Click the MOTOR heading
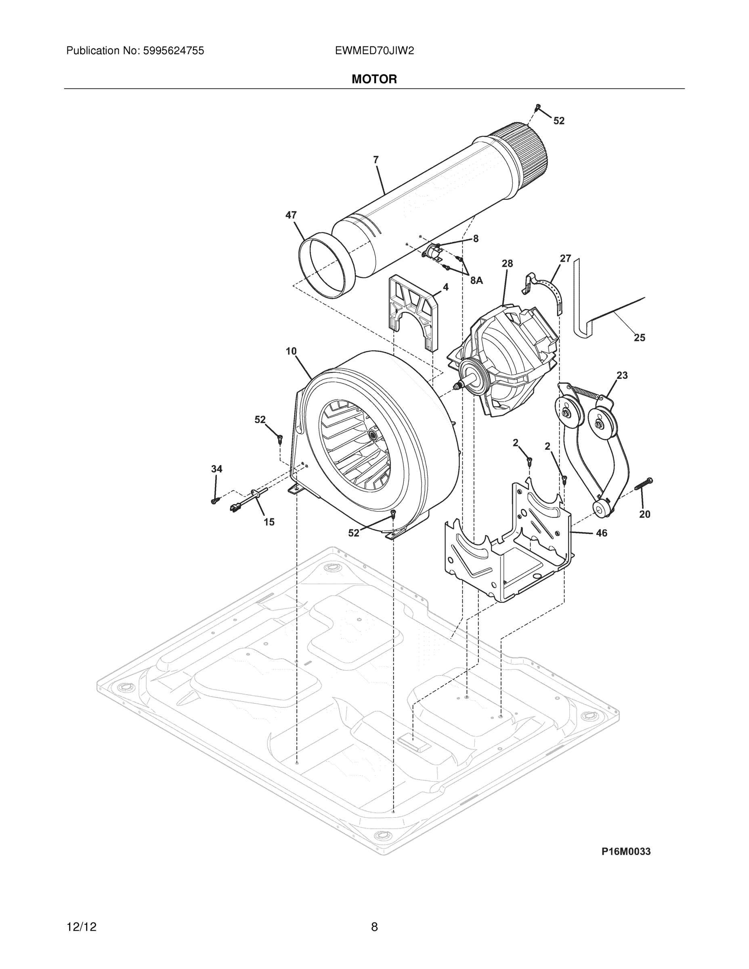click(x=374, y=80)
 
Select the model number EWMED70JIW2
click(x=374, y=51)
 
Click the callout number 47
click(x=291, y=215)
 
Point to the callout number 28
click(x=507, y=264)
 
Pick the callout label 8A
click(x=476, y=281)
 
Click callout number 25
click(x=639, y=338)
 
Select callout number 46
click(x=601, y=533)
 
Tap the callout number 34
click(x=216, y=469)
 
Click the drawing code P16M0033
click(x=625, y=852)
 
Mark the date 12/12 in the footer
click(x=81, y=927)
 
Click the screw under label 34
click(x=215, y=501)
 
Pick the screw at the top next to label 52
click(x=538, y=107)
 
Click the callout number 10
click(x=291, y=351)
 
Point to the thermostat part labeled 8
click(x=432, y=252)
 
